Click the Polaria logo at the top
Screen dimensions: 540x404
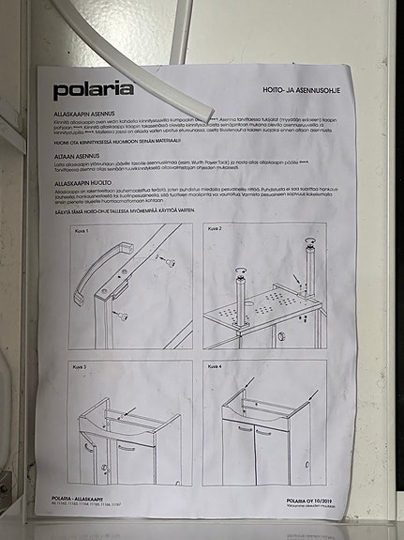(93, 90)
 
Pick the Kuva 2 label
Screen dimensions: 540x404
(213, 228)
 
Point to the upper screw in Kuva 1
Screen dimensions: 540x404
(169, 262)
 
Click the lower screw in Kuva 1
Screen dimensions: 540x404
(123, 316)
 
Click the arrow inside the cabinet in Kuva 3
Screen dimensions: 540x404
(130, 411)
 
